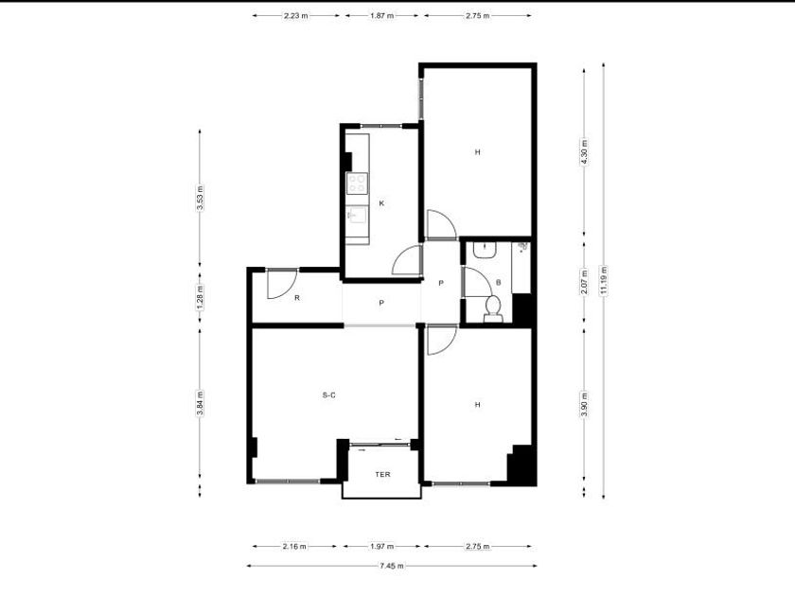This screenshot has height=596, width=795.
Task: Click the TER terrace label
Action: coord(382,474)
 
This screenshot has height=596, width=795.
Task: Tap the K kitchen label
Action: coord(381,203)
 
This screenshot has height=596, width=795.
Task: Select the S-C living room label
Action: coord(328,395)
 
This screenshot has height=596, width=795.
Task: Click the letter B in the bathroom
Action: coord(499,282)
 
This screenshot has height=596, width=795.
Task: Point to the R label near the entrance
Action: coord(297,298)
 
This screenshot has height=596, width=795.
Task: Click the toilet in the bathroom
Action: coord(493,309)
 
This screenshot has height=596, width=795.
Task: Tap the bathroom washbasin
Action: coord(485,250)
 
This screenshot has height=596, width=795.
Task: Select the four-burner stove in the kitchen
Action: coord(357,183)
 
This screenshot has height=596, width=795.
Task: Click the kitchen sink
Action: coord(357,216)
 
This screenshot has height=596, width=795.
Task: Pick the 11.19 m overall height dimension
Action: coord(604,280)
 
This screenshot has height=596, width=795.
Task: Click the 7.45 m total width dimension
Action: coord(392,566)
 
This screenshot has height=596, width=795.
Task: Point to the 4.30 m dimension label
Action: coord(584,152)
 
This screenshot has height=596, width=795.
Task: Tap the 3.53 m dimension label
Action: coord(200,198)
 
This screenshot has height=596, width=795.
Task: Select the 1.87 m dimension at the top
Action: coord(381,16)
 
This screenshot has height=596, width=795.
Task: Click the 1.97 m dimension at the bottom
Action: coord(381,547)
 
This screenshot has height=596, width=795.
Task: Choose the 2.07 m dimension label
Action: coord(584,281)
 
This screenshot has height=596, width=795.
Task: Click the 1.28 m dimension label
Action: coord(200,297)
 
